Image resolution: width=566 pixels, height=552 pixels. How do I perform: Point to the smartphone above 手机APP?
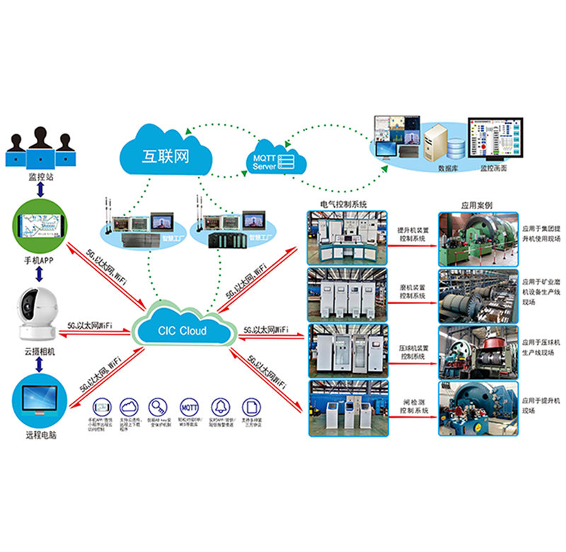click(x=40, y=227)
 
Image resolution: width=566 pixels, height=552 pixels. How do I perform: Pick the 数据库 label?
click(x=448, y=169)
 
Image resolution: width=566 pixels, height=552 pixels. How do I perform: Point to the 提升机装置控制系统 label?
click(x=412, y=235)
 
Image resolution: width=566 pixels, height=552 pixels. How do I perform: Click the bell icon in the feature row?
click(x=220, y=406)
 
